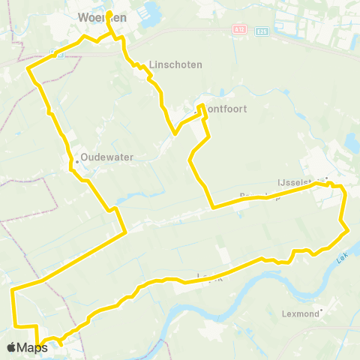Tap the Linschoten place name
(175, 65)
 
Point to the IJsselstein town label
(298, 181)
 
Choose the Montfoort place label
(225, 109)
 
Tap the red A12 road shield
(238, 29)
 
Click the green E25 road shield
(261, 31)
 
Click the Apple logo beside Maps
(11, 347)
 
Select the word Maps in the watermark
(33, 347)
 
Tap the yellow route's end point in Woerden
(108, 14)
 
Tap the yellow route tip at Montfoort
(201, 106)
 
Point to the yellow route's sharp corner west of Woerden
(28, 69)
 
